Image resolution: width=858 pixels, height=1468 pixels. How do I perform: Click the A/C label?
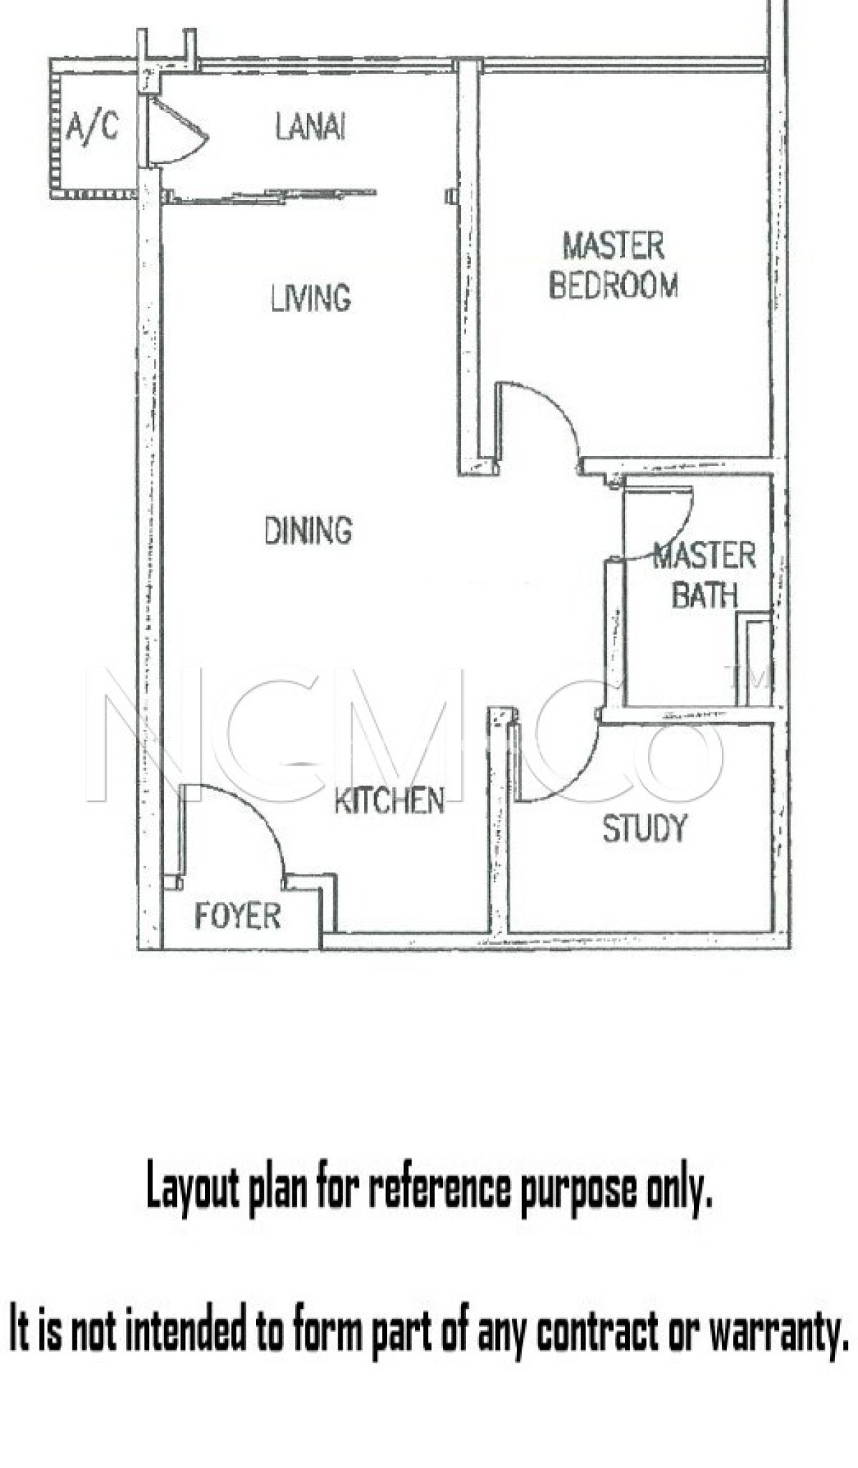92,128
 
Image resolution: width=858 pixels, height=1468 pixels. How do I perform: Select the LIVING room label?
311,297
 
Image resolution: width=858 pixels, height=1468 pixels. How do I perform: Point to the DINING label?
308,530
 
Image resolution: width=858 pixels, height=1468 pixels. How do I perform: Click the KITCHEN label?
389,801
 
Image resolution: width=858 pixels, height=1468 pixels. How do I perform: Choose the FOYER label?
237,916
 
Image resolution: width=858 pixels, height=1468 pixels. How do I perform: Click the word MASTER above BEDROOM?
614,246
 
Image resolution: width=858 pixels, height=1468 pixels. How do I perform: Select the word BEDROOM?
614,285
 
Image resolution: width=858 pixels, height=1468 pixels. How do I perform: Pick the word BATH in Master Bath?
704,595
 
